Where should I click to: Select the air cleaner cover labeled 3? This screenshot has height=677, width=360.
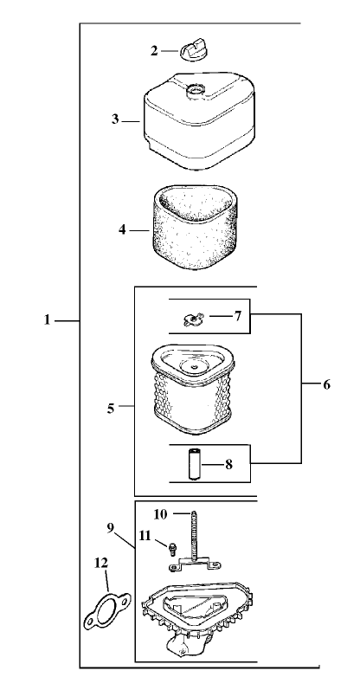[x=198, y=121]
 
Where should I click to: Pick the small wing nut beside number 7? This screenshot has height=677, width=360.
[x=191, y=319]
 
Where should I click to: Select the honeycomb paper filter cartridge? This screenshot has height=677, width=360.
[x=194, y=390]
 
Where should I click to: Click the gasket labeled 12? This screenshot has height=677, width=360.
[x=107, y=610]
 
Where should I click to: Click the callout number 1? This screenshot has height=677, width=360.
[x=48, y=320]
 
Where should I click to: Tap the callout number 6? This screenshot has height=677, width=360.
[x=327, y=384]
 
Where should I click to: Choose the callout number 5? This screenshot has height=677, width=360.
[x=111, y=409]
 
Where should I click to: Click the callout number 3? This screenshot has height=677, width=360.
[x=115, y=119]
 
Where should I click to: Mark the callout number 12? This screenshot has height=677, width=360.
[x=101, y=563]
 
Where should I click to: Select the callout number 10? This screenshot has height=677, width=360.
[x=160, y=514]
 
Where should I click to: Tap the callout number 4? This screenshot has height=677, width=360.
[x=123, y=230]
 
